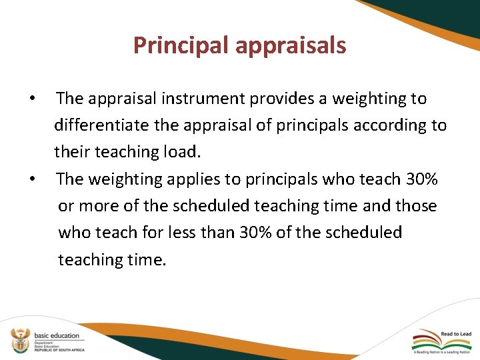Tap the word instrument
pyautogui.click(x=203, y=99)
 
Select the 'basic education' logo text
pyautogui.click(x=57, y=335)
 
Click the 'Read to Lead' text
pyautogui.click(x=455, y=333)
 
